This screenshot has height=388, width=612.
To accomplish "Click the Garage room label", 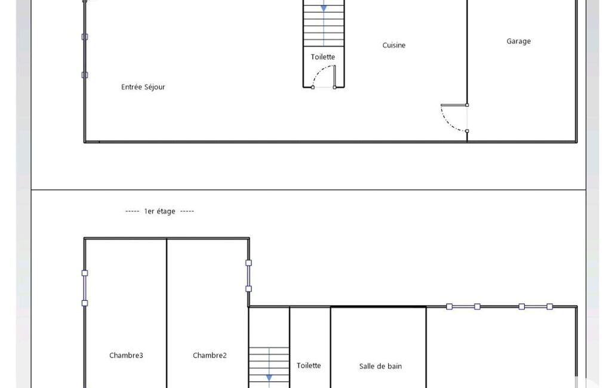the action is (518, 41).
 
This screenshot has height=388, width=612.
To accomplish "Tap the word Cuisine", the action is (394, 45).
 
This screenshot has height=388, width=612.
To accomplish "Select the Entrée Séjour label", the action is (143, 87).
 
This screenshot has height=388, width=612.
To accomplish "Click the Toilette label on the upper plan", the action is (323, 57).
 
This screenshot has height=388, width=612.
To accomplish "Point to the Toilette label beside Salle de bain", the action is (309, 366).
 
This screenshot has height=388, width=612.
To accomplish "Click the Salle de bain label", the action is (380, 366).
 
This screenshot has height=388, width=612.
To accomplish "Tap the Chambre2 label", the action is (210, 355).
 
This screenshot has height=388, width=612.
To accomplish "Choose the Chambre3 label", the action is (126, 355).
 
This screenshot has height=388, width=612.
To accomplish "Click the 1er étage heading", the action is (159, 211).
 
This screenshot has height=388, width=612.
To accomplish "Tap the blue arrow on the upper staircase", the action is (324, 8).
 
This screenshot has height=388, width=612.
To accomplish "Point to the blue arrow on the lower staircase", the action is (269, 377).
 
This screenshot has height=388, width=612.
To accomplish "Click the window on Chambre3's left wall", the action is (85, 288).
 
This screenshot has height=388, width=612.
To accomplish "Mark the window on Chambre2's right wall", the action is (248, 276).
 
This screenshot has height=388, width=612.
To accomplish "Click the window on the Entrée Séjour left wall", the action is (85, 56).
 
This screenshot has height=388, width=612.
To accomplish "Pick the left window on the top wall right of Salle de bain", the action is (463, 307).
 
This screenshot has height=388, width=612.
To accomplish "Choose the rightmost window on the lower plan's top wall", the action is (536, 307).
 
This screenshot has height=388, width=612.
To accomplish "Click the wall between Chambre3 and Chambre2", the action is (167, 313).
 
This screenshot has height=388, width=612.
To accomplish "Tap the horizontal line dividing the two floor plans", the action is (308, 190).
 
